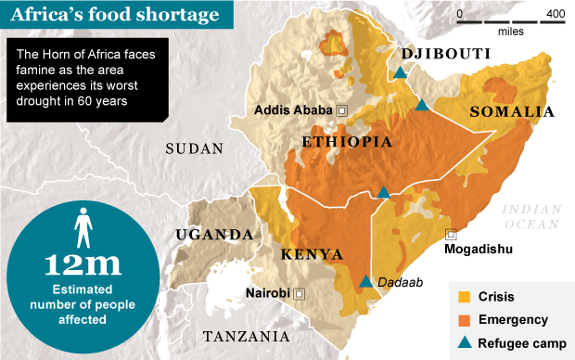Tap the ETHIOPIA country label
[346, 141]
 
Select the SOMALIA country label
[512, 111]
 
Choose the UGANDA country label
[215, 234]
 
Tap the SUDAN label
[194, 148]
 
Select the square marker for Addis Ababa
[341, 110]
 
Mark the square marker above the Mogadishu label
[451, 234]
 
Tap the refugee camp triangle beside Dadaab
[365, 282]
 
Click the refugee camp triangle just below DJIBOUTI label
[399, 72]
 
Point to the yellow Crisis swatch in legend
[465, 297]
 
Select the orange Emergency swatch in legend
[465, 320]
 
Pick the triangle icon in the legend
[465, 342]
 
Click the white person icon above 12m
[83, 225]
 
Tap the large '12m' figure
[83, 264]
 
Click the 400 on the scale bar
[556, 14]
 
